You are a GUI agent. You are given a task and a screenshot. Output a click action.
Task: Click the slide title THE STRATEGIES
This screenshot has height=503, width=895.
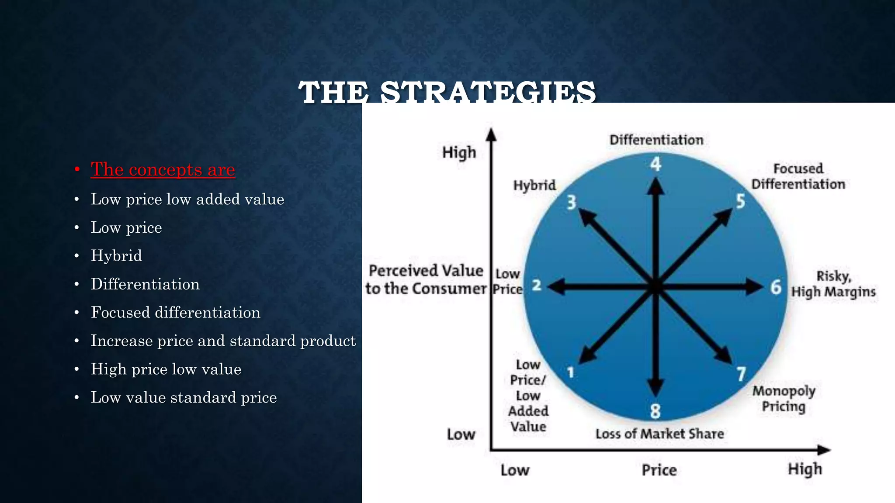click(x=447, y=92)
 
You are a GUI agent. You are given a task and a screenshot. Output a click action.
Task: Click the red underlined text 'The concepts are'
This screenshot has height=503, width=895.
click(x=163, y=169)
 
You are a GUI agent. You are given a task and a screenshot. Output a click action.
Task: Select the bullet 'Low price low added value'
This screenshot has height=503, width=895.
click(x=187, y=199)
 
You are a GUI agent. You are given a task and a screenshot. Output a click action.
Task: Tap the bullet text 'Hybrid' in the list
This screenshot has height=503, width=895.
click(x=116, y=255)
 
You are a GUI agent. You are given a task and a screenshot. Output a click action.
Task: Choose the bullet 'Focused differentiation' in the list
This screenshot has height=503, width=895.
click(x=175, y=312)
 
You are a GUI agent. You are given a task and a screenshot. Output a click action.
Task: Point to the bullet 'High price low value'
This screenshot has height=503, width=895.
click(x=166, y=369)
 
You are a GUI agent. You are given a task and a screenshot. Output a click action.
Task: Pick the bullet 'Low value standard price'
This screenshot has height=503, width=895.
click(x=184, y=397)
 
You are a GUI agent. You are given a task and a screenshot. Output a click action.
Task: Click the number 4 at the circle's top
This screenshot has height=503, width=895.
click(x=656, y=164)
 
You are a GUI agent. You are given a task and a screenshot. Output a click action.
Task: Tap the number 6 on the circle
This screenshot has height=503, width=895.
click(x=776, y=287)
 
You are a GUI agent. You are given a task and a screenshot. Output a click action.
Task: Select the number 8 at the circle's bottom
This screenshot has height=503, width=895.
click(x=655, y=411)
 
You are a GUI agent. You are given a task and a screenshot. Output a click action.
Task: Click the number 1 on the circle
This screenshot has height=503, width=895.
click(x=570, y=372)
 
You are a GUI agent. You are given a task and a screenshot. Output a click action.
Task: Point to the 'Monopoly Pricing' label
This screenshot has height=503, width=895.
click(x=784, y=398)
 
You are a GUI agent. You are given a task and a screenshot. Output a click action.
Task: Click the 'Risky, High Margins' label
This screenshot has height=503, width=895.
click(x=833, y=284)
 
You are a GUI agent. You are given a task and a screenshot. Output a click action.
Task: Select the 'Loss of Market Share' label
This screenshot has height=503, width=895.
click(x=659, y=434)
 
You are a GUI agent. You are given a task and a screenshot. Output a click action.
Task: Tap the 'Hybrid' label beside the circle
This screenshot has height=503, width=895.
click(x=534, y=185)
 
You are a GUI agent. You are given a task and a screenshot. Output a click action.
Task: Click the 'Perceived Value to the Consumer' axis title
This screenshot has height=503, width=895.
click(x=426, y=279)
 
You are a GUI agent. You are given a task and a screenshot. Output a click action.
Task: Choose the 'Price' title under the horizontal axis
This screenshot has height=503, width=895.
click(x=659, y=470)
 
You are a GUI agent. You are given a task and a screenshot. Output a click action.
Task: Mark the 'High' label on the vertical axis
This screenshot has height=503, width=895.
click(x=459, y=152)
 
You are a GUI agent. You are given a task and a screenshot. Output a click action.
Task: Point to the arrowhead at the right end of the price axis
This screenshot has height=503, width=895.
click(x=824, y=450)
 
